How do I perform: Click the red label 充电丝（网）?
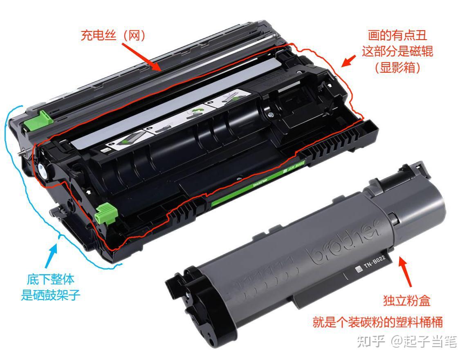(113, 36)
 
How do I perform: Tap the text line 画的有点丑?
(397, 35)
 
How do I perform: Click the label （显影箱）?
(398, 67)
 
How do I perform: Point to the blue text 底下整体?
(51, 280)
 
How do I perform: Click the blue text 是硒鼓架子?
(51, 295)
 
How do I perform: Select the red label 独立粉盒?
(407, 300)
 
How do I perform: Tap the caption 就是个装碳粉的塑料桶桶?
(377, 322)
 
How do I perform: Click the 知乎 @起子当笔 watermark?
(407, 342)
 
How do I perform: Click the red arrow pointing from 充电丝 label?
(141, 56)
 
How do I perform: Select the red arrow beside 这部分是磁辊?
(348, 61)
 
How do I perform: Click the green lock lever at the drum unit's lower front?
(106, 213)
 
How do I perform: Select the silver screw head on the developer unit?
(270, 114)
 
